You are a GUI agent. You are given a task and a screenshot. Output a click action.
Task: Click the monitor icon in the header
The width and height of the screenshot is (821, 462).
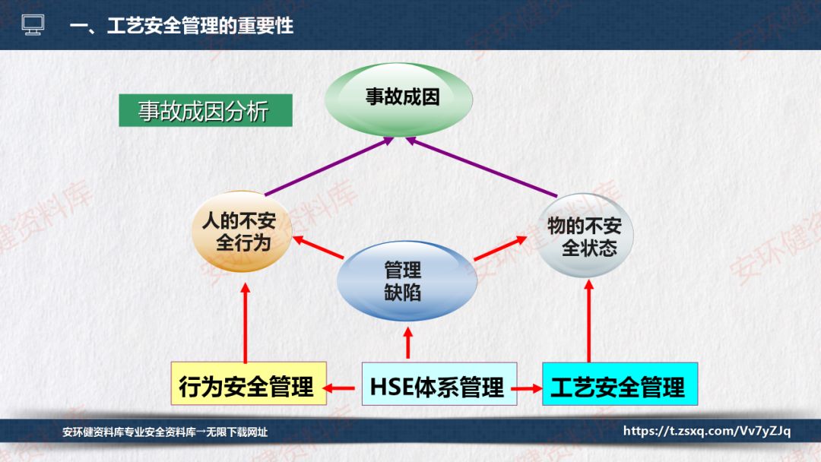click(x=33, y=25)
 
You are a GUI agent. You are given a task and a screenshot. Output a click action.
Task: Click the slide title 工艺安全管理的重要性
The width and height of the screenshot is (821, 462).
click(x=181, y=25)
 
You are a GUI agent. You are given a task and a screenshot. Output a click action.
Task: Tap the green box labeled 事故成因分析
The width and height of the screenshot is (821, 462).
click(x=204, y=111)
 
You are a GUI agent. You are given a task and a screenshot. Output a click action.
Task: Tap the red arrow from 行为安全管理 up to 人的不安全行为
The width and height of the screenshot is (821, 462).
click(x=246, y=323)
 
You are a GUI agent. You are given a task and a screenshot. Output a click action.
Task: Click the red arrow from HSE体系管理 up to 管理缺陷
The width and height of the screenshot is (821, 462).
click(x=408, y=343)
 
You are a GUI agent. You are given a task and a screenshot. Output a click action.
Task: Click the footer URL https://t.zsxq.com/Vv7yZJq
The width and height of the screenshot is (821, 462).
click(x=707, y=432)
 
